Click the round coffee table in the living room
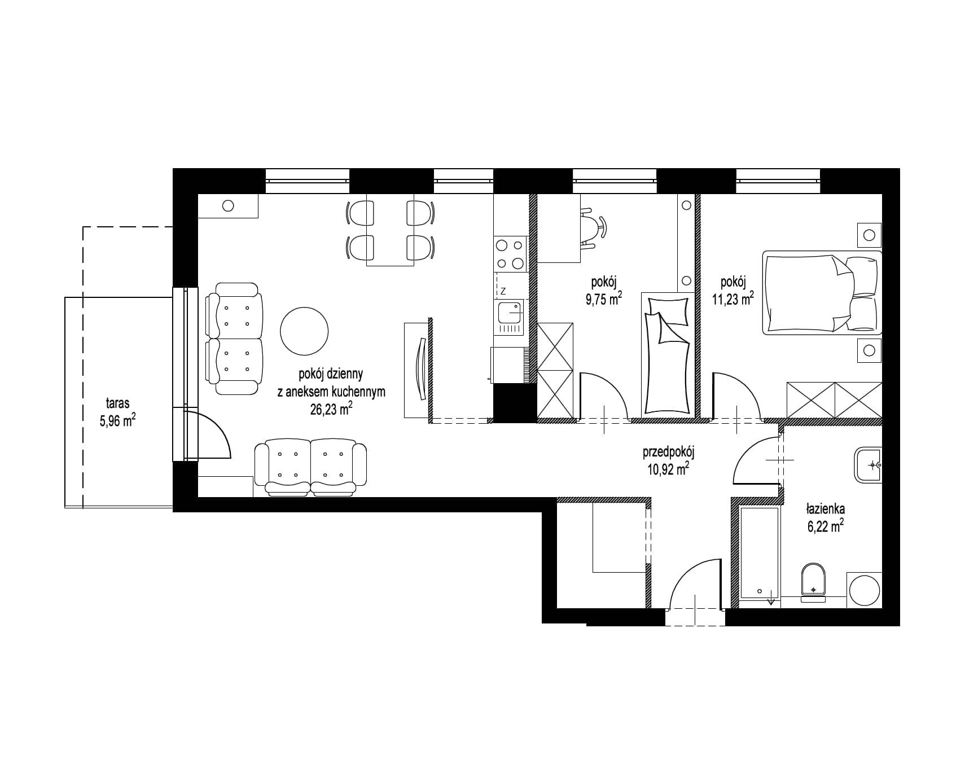click(304, 331)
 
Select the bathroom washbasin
click(868, 465)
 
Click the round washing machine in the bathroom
click(865, 590)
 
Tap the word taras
click(117, 404)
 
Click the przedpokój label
click(668, 453)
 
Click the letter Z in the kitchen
click(502, 291)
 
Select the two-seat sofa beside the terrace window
click(235, 339)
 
